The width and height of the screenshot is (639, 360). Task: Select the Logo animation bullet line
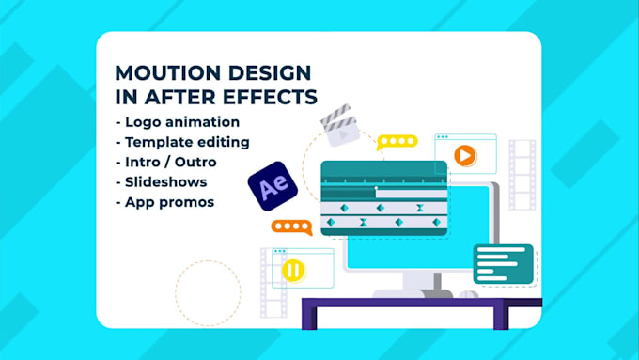(177, 121)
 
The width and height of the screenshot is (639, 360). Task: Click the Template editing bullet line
(181, 141)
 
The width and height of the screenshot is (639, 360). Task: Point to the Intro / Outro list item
(164, 161)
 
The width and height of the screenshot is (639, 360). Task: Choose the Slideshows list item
(161, 180)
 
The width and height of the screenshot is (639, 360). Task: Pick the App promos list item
(164, 200)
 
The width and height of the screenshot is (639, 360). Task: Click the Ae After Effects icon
(273, 187)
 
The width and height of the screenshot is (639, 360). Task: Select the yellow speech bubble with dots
(397, 142)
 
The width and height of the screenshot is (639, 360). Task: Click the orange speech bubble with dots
(291, 227)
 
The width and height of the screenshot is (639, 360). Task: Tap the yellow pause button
(293, 271)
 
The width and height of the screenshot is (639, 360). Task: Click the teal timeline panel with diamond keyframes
(383, 199)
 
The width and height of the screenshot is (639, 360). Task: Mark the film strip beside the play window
(522, 175)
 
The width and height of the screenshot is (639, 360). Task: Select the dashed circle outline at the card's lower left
(208, 292)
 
